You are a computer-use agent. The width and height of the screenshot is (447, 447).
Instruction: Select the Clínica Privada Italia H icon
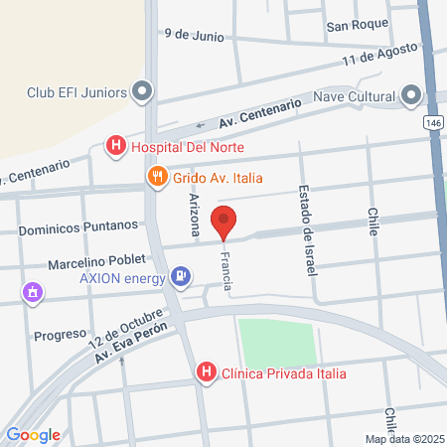tap(207, 373)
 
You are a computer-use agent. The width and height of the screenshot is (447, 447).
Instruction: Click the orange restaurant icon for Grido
tap(156, 178)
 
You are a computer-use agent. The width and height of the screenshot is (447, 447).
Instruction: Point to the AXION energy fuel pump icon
tap(180, 275)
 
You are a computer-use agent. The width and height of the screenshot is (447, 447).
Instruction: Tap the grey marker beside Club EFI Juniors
tap(142, 93)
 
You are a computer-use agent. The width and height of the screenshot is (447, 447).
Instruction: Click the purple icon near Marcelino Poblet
tap(33, 292)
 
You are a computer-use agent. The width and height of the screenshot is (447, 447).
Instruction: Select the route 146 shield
tap(433, 121)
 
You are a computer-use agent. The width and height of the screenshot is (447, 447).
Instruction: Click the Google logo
tap(33, 434)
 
